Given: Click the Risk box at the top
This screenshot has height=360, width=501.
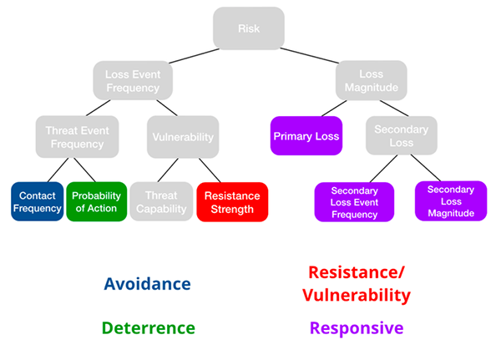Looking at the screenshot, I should (x=249, y=28).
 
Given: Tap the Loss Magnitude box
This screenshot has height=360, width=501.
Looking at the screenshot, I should (x=372, y=80).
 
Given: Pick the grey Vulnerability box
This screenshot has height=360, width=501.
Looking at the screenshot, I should (x=183, y=137).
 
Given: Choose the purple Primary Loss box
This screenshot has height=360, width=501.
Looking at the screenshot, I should (x=306, y=136).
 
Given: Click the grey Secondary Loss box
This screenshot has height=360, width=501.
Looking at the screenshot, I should (x=401, y=136).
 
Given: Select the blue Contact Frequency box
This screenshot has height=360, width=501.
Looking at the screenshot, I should (x=37, y=201).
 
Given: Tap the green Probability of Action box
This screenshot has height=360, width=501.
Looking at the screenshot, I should (x=96, y=201).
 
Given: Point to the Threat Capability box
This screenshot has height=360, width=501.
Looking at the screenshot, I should (x=159, y=201).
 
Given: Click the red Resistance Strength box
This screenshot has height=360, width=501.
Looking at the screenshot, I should (x=232, y=201).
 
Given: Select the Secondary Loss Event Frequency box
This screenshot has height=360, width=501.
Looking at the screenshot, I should (x=354, y=201).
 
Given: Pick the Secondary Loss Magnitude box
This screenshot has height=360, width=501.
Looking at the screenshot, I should (x=450, y=200).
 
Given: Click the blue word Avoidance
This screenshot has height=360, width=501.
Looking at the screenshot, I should (x=147, y=283).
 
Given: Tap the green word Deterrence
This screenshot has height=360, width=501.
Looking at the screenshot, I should (x=149, y=327).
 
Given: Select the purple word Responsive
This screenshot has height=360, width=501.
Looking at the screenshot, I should (x=356, y=327).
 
